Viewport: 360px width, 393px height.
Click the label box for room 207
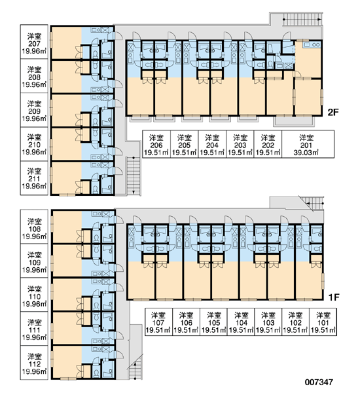[x=34, y=42]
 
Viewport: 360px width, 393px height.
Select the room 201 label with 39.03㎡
[x=308, y=144]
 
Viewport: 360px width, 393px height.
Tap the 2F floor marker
[x=333, y=113]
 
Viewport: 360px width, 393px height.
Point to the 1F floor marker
[x=334, y=297]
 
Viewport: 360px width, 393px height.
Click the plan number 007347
[x=319, y=382]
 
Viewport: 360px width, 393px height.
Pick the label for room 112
[x=34, y=363]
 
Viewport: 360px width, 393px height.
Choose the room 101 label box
[x=323, y=322]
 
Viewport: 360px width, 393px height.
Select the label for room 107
[x=158, y=322]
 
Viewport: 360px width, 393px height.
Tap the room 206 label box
[x=156, y=144]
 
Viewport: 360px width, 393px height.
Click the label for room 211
[x=34, y=178]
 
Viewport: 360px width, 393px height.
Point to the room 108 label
[x=34, y=227]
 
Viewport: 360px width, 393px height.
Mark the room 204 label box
[x=212, y=144]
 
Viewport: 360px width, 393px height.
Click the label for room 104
[x=241, y=322]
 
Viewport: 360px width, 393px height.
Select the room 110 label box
[x=34, y=295]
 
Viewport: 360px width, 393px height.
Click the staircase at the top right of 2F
[x=302, y=19]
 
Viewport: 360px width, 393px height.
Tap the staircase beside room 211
[x=134, y=176]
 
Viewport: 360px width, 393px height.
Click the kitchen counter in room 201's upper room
[x=312, y=45]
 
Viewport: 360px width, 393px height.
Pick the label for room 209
[x=34, y=110]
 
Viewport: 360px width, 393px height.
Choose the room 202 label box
[x=268, y=144]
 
